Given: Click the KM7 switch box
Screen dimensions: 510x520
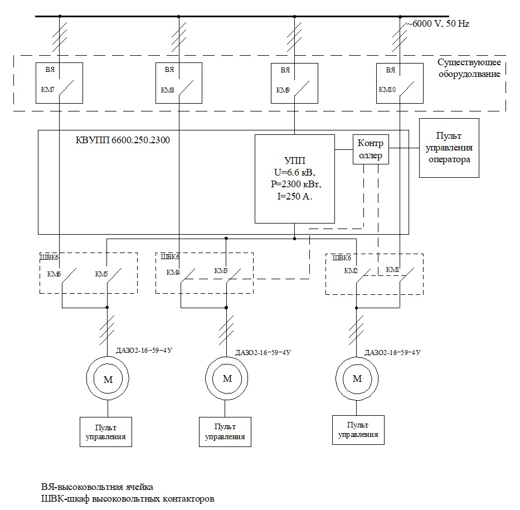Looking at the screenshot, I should (x=60, y=82).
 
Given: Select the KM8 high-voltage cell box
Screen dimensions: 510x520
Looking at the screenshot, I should (x=178, y=82).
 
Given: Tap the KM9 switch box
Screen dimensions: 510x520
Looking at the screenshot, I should (x=294, y=82).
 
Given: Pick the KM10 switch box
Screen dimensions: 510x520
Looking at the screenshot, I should (x=400, y=82).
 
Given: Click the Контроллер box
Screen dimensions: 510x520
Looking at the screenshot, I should (x=371, y=149).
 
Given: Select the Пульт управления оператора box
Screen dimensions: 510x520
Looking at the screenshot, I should (x=449, y=148).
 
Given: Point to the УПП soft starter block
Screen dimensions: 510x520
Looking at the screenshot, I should (x=294, y=178).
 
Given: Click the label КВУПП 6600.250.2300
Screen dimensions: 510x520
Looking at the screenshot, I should (x=123, y=140).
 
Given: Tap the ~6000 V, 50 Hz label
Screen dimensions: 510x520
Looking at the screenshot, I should (x=439, y=25).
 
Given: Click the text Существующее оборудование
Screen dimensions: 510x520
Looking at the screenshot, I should (x=468, y=67).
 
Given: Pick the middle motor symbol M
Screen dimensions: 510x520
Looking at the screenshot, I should (x=227, y=379).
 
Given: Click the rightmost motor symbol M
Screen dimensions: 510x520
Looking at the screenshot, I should (x=357, y=378).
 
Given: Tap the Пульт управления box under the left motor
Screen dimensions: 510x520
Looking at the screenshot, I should (x=106, y=432).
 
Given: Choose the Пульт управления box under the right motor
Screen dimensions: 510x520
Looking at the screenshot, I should (x=358, y=429).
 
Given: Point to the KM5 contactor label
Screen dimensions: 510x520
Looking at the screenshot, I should (x=101, y=274).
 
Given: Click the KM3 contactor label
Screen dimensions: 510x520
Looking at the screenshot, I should (x=221, y=271).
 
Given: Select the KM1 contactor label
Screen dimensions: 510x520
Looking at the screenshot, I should (x=393, y=270).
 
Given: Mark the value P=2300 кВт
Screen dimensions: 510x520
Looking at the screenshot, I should (x=294, y=184).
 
